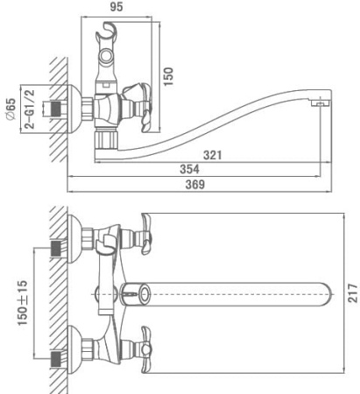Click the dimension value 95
[x=116, y=7]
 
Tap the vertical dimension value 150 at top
[x=168, y=76]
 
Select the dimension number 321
[x=212, y=155]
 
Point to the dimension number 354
[x=189, y=169]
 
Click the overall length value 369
[x=195, y=185]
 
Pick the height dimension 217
[x=353, y=292]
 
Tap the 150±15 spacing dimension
[x=23, y=303]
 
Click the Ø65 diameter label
[x=11, y=109]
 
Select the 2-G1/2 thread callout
[x=30, y=109]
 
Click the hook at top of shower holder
[x=107, y=30]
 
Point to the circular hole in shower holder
[x=106, y=55]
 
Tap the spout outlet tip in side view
[x=321, y=103]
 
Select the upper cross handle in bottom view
[x=146, y=234]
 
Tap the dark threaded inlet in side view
[x=57, y=109]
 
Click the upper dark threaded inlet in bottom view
[x=57, y=249]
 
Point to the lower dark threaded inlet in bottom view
[x=57, y=359]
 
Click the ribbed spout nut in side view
[x=106, y=141]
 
